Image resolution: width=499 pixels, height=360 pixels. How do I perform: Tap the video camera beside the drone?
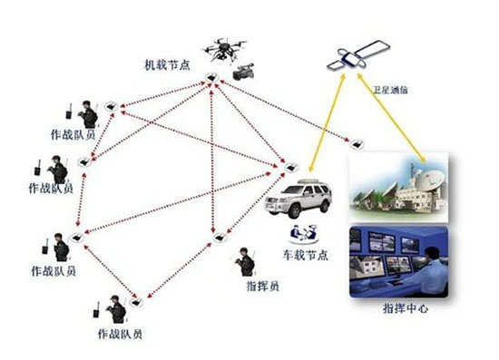click(242, 73)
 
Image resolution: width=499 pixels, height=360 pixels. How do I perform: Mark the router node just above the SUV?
click(292, 166)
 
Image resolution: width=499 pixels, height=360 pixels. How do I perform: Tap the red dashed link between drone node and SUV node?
click(250, 122)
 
